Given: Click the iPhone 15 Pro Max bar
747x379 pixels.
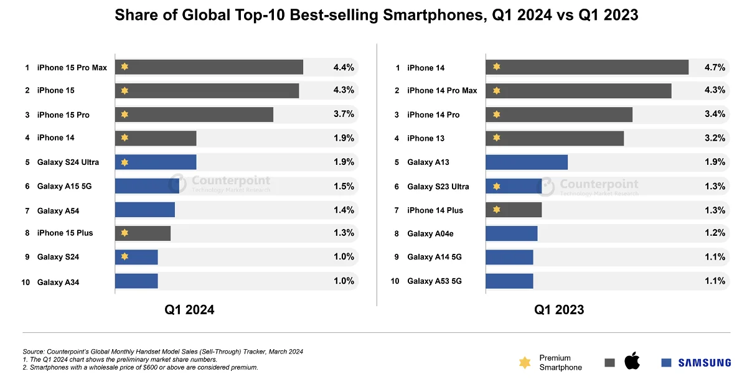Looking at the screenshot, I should [x=209, y=67].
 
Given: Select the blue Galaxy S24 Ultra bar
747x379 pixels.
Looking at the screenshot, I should [x=156, y=162].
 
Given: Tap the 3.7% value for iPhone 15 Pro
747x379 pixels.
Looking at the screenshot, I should [x=344, y=114].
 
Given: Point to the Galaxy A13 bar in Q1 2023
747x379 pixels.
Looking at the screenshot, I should [x=527, y=162].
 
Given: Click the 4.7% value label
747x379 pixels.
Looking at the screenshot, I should [x=715, y=67].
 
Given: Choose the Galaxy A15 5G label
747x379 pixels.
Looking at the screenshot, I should [x=65, y=186].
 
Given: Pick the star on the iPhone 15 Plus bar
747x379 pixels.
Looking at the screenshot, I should [x=125, y=233].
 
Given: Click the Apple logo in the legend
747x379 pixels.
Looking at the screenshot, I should [x=632, y=360].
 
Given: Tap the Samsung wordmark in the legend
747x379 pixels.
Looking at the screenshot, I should [x=704, y=362].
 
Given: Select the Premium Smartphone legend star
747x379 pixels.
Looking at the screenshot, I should [x=525, y=362].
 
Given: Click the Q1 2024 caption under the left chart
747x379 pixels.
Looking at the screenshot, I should [x=189, y=309].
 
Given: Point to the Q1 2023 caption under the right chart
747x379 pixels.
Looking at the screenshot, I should [x=559, y=309].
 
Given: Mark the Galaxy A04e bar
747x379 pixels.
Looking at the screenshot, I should [x=511, y=233].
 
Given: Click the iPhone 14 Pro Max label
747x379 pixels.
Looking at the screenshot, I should [x=442, y=91].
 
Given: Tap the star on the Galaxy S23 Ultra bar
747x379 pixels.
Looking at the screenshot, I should [x=496, y=186].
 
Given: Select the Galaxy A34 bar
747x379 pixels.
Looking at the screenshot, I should [x=136, y=281].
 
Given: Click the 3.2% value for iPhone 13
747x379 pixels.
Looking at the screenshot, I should [x=715, y=138].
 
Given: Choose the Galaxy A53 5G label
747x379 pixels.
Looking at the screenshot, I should [x=435, y=281].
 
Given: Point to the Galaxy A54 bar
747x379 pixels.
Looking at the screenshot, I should [x=145, y=210].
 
